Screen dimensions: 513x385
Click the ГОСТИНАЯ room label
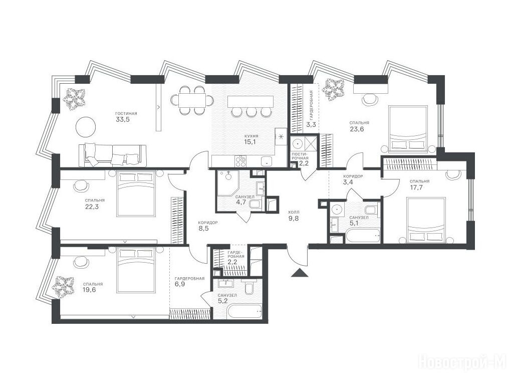(x=126, y=114)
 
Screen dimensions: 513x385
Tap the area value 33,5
(x=123, y=119)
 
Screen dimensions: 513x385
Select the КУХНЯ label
(x=251, y=136)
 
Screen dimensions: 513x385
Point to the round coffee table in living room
(x=86, y=127)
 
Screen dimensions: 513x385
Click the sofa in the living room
(x=113, y=155)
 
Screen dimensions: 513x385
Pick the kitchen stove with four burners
(x=241, y=161)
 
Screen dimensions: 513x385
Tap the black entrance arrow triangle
(x=300, y=273)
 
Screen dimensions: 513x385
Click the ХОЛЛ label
(x=294, y=212)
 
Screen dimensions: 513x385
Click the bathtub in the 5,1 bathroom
(x=363, y=236)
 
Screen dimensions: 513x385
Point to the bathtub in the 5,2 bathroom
(x=244, y=311)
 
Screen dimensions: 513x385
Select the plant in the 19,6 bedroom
(x=63, y=287)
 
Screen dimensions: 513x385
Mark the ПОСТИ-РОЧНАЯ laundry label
(x=300, y=156)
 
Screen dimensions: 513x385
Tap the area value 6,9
(x=180, y=284)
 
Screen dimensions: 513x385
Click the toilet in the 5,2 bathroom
(x=248, y=288)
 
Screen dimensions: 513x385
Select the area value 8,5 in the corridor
(x=203, y=228)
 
